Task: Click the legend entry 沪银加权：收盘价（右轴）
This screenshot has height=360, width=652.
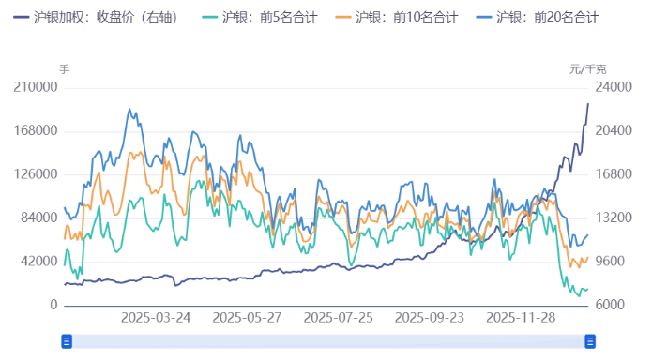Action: click(107, 17)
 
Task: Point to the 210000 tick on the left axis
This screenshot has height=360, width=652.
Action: click(35, 87)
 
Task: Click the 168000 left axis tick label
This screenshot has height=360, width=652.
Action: click(35, 131)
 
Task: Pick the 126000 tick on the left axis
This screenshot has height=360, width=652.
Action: click(35, 174)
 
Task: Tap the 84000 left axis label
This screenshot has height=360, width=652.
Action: click(38, 218)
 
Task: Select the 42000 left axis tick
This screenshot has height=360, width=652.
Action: click(38, 262)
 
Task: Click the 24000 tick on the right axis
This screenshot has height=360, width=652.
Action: click(590, 87)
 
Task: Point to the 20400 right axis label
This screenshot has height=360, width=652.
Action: click(590, 131)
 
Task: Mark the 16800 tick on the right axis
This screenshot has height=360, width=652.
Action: click(590, 174)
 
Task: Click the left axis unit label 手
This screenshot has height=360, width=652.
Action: click(64, 69)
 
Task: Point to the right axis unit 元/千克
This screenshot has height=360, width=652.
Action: click(588, 69)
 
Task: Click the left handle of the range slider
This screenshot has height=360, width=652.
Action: click(67, 342)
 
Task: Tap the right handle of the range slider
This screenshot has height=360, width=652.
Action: click(591, 342)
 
